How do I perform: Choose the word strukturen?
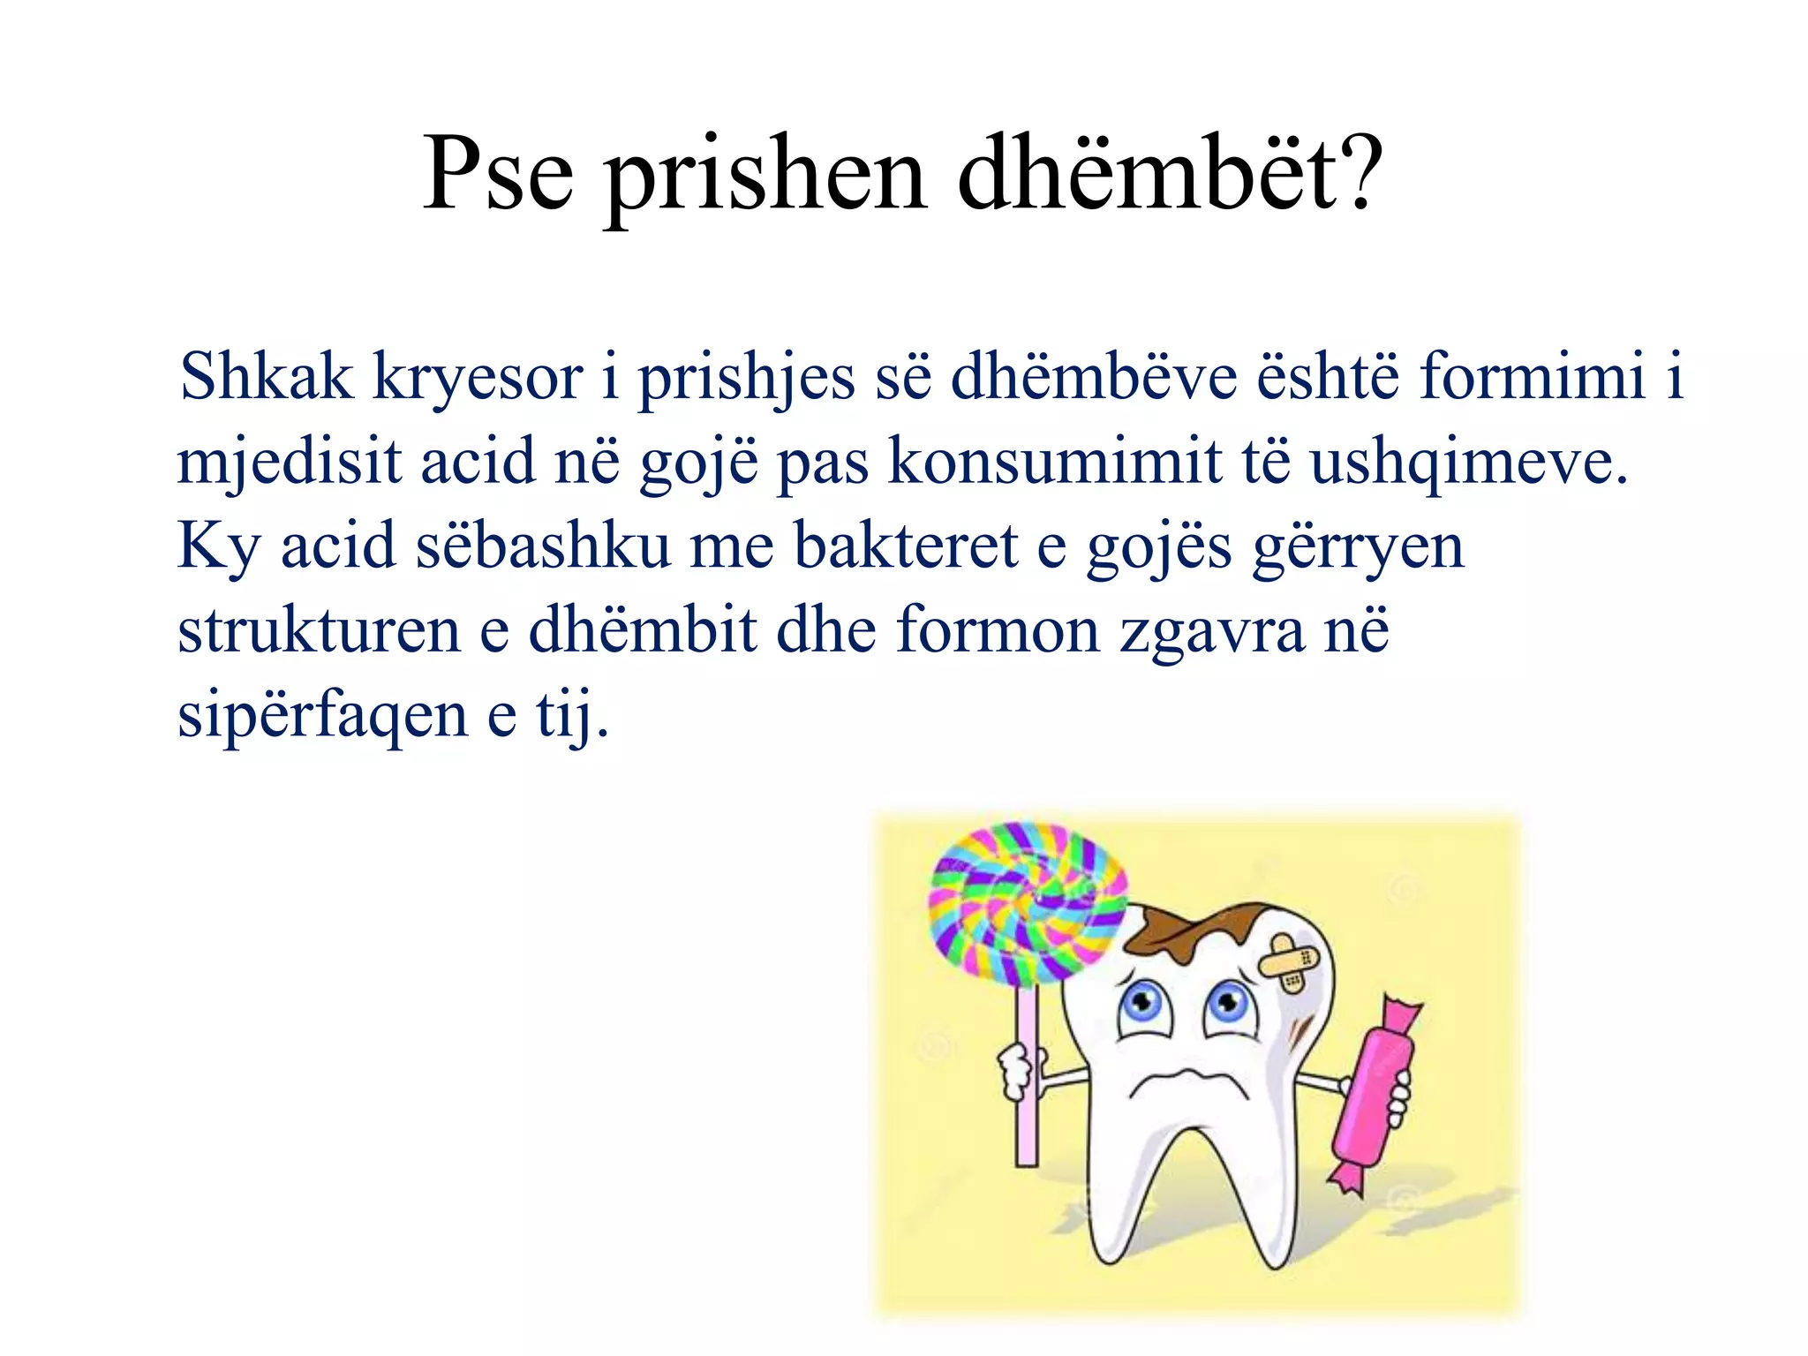point(319,630)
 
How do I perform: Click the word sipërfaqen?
point(322,715)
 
